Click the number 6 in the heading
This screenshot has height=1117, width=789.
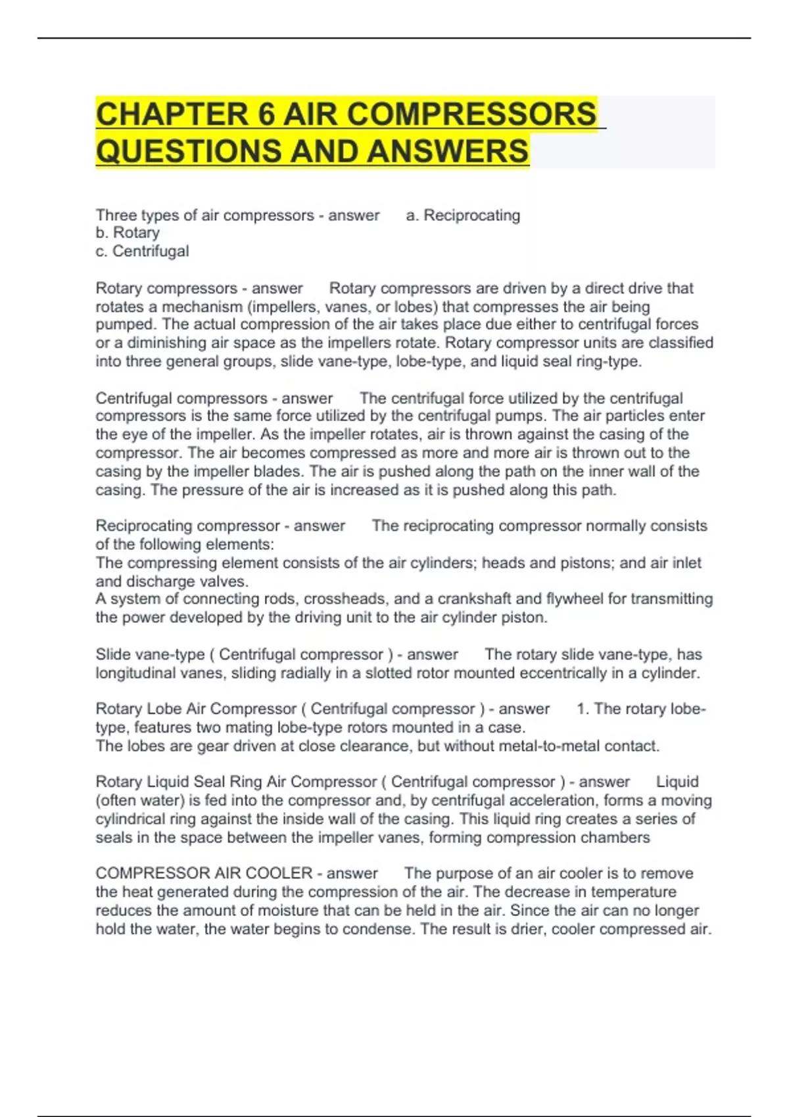266,114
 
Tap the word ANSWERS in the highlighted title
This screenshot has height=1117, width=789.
448,151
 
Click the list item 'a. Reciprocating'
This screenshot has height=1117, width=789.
463,216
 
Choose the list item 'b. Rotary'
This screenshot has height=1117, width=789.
128,233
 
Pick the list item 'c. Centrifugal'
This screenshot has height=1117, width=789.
142,251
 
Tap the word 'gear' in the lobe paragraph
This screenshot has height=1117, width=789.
201,746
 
